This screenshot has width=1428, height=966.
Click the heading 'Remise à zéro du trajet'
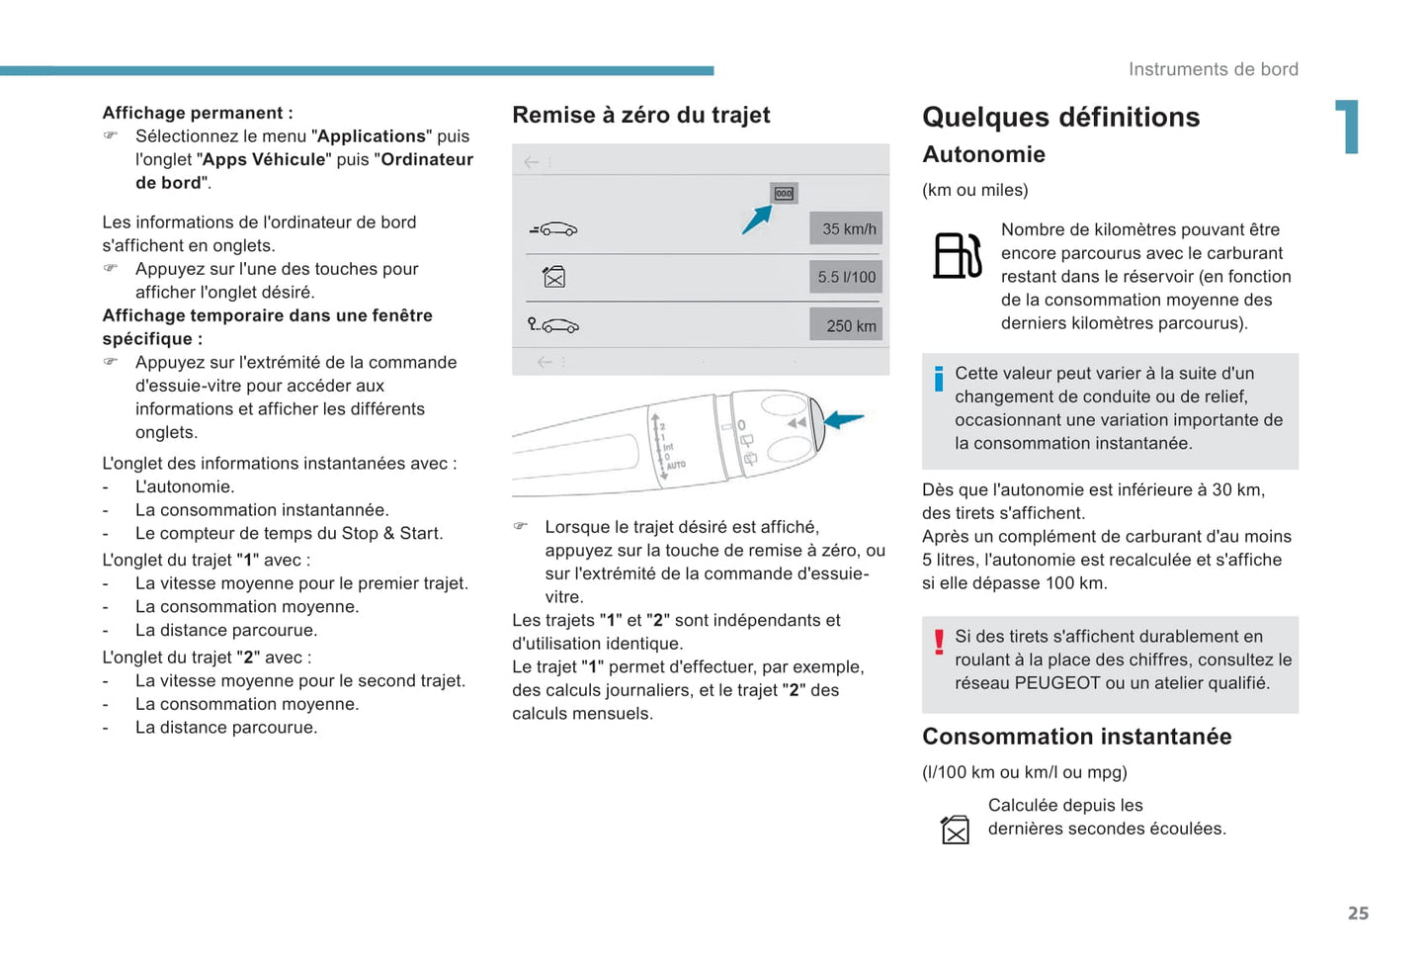pos(640,116)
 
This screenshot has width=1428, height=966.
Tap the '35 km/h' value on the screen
pos(846,228)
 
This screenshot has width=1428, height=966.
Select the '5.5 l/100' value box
pos(846,277)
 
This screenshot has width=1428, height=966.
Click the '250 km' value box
pos(846,325)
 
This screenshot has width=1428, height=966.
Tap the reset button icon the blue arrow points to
pos(784,194)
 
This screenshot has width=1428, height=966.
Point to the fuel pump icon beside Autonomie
pos(958,255)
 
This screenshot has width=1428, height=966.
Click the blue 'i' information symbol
pos(939,379)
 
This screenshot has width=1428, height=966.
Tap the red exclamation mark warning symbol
pos(939,643)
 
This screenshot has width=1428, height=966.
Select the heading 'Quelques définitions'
pos(1060,118)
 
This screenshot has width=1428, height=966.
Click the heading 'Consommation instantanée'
pos(1076,737)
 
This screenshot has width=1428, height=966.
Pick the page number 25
pos(1358,914)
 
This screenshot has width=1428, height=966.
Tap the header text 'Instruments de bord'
pos(1213,69)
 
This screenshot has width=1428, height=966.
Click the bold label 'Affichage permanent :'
pos(198,113)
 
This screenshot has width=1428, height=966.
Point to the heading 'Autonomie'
pos(983,154)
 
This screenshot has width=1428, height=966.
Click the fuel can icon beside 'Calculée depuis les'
pos(955,830)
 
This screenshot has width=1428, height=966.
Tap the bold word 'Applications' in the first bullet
pos(372,136)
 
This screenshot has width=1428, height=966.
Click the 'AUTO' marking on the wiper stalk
pos(676,465)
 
